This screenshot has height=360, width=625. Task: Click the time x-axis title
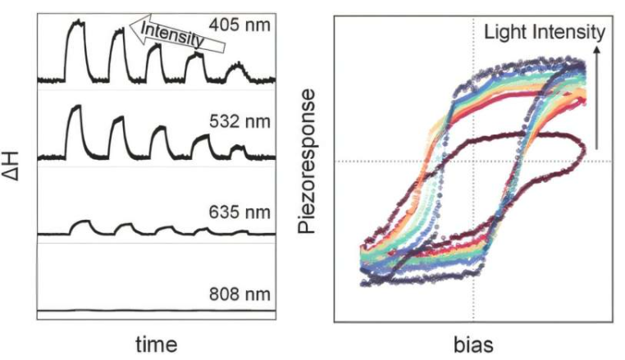(155, 342)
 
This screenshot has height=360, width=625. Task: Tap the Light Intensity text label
(544, 32)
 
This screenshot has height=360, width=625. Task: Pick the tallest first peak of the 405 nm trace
(76, 25)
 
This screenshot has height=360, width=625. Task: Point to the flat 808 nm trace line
(156, 310)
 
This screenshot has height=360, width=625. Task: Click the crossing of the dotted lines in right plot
(474, 161)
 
